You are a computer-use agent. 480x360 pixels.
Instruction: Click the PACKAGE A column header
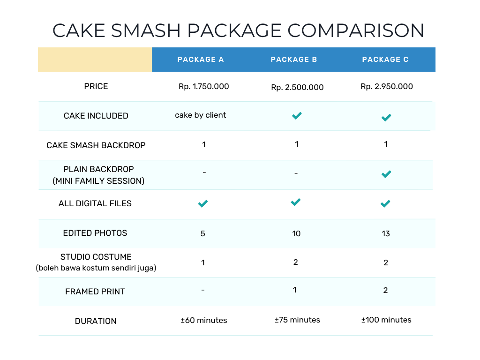[201, 60]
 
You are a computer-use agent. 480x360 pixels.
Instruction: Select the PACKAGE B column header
[294, 60]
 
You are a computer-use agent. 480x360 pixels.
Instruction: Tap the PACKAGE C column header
[385, 60]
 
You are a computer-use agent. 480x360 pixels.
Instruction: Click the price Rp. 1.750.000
[203, 87]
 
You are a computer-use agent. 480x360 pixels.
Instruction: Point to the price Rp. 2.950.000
[387, 87]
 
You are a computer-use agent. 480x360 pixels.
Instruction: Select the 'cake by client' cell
[201, 115]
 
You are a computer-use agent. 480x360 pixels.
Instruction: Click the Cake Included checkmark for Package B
[297, 116]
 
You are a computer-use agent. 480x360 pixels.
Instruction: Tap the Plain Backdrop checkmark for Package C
[386, 174]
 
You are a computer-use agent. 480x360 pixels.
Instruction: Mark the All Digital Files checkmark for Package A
[203, 203]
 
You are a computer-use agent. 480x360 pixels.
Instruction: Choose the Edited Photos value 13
[386, 233]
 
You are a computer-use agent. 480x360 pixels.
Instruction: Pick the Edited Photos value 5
[202, 233]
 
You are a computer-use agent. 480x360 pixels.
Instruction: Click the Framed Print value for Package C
[385, 290]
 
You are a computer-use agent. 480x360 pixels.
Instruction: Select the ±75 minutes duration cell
[297, 320]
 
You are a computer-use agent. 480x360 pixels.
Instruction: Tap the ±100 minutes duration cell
[386, 320]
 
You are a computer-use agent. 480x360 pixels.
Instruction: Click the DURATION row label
[96, 321]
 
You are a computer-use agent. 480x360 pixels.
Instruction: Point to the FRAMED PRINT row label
[95, 292]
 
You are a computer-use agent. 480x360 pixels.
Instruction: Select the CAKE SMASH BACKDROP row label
[96, 145]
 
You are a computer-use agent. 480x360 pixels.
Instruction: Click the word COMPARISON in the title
[356, 30]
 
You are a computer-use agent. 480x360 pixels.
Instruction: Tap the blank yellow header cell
[95, 60]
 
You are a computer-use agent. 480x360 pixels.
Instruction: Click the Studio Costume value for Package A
[203, 262]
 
